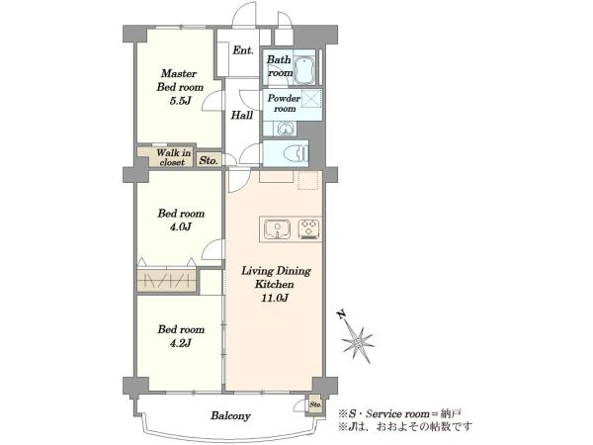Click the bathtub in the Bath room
304,70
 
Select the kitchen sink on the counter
277,229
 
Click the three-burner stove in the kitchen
309,229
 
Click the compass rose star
358,343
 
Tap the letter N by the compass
342,314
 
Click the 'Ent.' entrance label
243,50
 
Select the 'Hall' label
242,115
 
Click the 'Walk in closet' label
174,157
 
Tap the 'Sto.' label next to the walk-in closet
209,160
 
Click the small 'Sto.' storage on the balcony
315,404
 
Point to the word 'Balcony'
230,416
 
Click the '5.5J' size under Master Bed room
180,101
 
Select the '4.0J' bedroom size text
180,227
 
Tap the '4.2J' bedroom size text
180,343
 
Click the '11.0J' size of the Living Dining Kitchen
275,298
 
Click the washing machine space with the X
311,100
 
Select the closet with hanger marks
166,281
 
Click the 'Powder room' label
284,103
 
